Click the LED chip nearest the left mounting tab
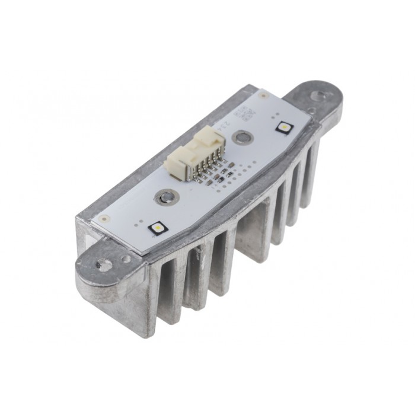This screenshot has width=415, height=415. [x=158, y=226]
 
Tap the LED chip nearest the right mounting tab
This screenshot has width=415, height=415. [x=285, y=126]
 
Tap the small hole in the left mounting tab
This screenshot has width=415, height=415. [x=126, y=258]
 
